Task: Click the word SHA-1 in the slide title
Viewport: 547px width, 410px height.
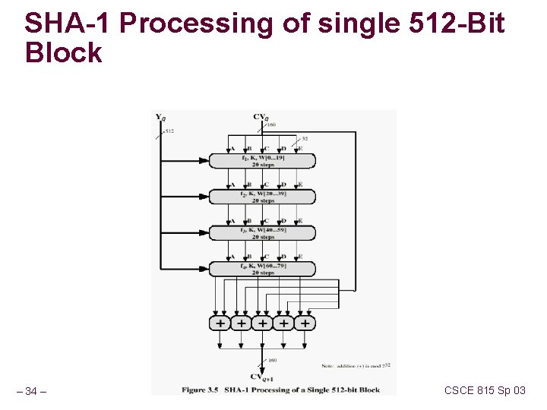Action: (x=68, y=24)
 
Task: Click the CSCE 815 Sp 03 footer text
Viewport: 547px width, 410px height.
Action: (x=485, y=390)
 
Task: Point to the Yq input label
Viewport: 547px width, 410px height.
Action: (x=160, y=117)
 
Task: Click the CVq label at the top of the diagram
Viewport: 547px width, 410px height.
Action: (x=261, y=117)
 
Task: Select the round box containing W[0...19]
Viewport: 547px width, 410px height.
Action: (x=263, y=160)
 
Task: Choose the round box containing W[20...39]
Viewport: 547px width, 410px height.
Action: (x=263, y=197)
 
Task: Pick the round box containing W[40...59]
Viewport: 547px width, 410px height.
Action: (x=263, y=232)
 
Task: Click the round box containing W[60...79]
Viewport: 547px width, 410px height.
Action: (x=263, y=268)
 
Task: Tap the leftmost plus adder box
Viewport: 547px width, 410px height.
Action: (x=220, y=323)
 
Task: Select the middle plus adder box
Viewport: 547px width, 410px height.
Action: (x=262, y=323)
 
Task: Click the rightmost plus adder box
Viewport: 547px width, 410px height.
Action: (x=305, y=323)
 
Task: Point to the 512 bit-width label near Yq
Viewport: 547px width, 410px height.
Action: (x=169, y=131)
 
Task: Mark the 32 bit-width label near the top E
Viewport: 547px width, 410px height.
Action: (x=305, y=139)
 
